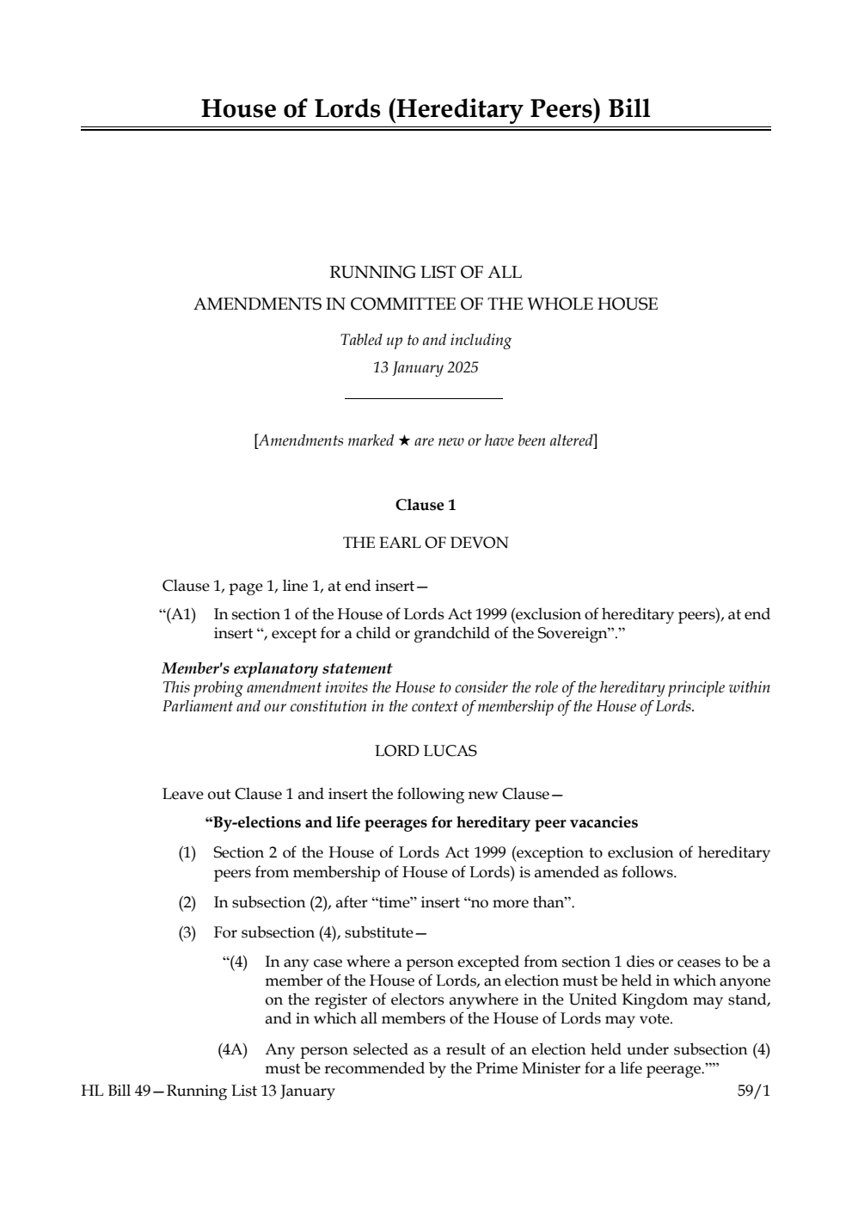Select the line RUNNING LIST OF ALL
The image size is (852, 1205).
426,273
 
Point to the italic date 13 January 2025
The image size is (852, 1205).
426,368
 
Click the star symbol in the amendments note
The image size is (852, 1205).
403,441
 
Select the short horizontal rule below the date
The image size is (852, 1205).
423,398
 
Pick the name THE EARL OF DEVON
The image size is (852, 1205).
426,543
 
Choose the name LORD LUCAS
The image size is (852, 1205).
426,751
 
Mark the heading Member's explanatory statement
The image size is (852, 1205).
277,668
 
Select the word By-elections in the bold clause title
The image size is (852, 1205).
248,822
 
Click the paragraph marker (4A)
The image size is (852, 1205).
232,1049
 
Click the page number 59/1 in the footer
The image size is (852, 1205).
754,1091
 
